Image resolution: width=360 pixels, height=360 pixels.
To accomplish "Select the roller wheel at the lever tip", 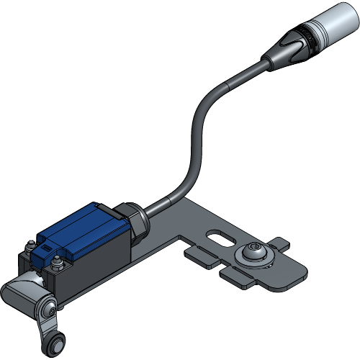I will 55,346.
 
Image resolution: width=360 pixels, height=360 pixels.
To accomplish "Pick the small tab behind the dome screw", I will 276,243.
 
